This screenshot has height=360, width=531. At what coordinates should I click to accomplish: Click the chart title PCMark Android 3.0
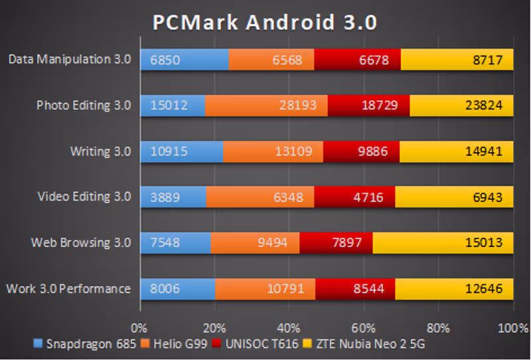pos(265,23)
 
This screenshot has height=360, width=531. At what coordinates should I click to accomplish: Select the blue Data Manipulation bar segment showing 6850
pos(184,60)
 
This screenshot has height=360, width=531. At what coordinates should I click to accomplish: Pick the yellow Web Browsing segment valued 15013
pos(443,242)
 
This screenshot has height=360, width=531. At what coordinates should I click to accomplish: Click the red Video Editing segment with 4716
pos(354,197)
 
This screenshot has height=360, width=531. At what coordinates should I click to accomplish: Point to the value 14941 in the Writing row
pos(491,151)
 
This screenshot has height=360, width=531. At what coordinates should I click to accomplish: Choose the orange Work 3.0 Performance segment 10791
pos(265,289)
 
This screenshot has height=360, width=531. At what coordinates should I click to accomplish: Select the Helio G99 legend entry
pos(175,344)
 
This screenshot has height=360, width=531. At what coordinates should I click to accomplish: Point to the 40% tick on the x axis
pos(289,328)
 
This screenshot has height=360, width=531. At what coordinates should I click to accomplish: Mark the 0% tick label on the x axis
pos(139,328)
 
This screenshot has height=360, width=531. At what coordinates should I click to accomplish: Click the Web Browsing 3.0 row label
pos(81,242)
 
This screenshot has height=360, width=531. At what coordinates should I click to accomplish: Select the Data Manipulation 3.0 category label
pos(70,60)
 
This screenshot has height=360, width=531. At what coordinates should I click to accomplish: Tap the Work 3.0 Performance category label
pos(68,289)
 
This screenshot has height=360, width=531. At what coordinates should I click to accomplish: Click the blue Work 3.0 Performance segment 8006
pos(177,289)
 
